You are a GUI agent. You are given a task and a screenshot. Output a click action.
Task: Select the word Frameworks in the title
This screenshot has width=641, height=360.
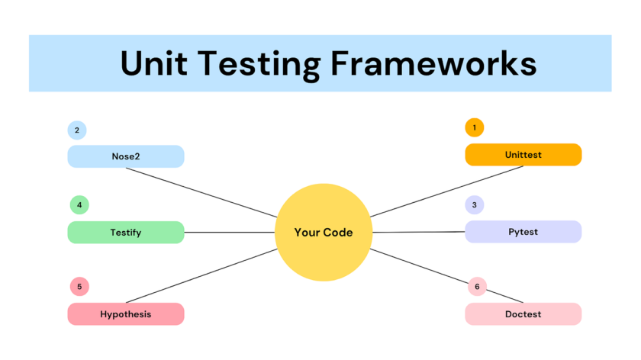[433, 63]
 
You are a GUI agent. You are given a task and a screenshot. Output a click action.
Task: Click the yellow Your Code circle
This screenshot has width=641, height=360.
[324, 232]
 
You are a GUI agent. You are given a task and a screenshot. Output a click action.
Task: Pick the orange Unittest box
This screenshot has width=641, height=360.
[523, 155]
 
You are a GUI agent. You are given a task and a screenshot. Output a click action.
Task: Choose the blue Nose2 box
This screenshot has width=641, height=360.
[126, 156]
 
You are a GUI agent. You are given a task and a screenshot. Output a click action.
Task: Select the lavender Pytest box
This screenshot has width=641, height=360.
[523, 232]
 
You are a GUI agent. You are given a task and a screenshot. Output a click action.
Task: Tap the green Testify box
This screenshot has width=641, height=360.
[126, 232]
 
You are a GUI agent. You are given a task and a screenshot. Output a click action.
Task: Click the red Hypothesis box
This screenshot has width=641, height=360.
[126, 314]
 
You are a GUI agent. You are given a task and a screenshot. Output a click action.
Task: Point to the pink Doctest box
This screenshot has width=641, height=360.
[523, 314]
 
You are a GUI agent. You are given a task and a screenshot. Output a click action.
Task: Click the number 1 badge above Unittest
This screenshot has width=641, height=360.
[475, 127]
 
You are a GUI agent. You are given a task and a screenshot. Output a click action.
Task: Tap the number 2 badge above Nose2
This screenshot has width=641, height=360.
[77, 130]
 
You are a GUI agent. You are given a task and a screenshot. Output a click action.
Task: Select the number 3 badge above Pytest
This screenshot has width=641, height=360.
[475, 204]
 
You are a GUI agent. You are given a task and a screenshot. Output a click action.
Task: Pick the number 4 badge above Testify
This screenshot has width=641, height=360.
[79, 204]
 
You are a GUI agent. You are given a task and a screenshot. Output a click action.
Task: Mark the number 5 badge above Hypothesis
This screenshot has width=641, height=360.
[79, 287]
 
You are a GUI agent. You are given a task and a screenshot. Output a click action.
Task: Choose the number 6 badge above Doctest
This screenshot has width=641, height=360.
[477, 287]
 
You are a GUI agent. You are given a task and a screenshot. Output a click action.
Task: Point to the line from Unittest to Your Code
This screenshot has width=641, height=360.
[446, 191]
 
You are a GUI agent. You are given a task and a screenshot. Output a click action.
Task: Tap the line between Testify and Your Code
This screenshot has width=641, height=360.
[229, 232]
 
